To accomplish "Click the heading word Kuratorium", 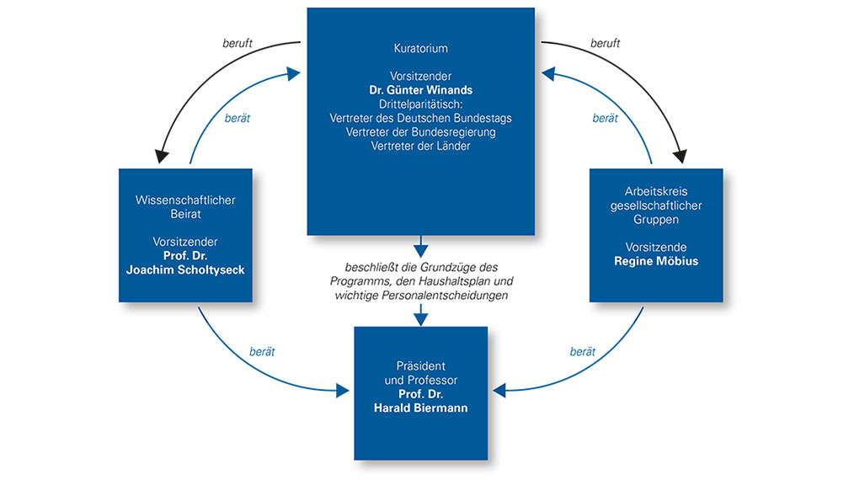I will (x=420, y=49).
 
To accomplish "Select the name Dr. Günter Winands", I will (x=420, y=90).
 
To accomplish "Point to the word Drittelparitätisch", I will (x=420, y=104).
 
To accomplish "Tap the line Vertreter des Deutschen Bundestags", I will (x=420, y=119).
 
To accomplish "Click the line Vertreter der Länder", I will (x=420, y=147).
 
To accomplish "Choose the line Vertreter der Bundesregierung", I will (x=420, y=132).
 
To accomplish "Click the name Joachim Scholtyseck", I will (x=185, y=270).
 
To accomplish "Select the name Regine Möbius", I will (x=656, y=262).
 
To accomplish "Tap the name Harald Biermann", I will (x=420, y=408).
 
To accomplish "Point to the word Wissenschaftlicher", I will (x=185, y=200).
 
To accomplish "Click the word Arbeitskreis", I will (x=656, y=192).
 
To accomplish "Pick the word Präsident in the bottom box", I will (x=420, y=366).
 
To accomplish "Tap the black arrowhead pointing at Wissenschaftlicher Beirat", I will (x=162, y=156).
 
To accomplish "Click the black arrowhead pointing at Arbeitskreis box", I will (x=679, y=156).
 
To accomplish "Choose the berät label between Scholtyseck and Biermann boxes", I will (x=262, y=351).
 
